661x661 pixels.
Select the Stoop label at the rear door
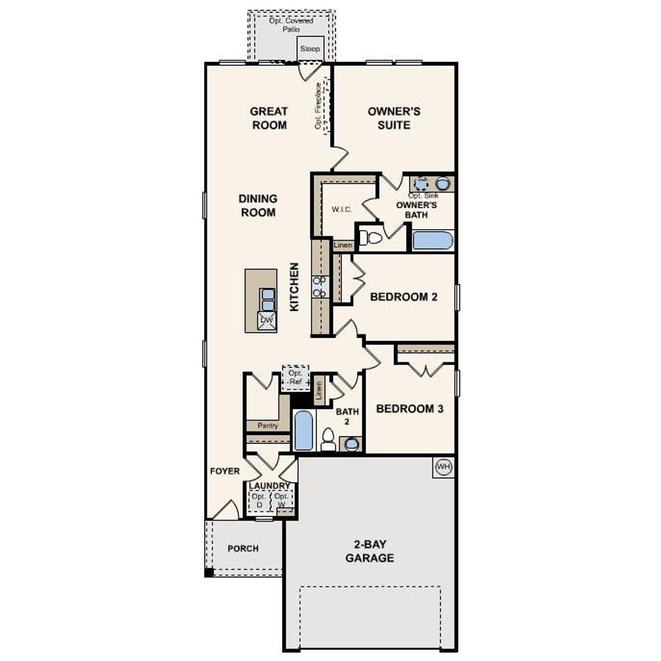click(310, 49)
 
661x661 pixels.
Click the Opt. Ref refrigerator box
click(295, 377)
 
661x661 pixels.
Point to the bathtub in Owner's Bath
click(433, 241)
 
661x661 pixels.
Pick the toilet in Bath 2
click(327, 439)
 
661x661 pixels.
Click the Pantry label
click(267, 426)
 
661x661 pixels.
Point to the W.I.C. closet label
click(342, 209)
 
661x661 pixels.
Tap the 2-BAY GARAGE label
click(370, 551)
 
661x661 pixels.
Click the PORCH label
click(243, 548)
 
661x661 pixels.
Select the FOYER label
click(225, 471)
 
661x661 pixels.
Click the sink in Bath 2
click(351, 444)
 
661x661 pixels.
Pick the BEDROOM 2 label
click(404, 297)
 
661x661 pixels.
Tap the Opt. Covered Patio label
click(291, 25)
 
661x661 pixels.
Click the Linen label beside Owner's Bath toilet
click(343, 245)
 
